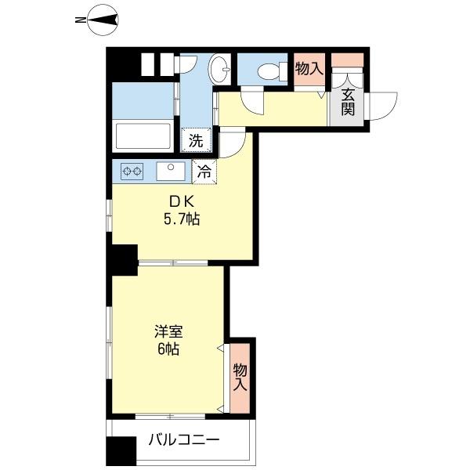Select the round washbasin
[219, 70]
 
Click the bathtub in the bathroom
[143, 136]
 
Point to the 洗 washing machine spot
[196, 140]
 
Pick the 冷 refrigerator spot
[204, 172]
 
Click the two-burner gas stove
[132, 172]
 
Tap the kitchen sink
[171, 171]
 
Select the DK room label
[182, 202]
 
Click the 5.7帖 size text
[182, 219]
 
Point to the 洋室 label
[168, 332]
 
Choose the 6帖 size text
[168, 349]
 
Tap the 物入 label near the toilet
[309, 69]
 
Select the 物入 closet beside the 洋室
[240, 378]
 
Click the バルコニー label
[184, 440]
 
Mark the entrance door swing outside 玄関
[383, 106]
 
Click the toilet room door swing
[252, 100]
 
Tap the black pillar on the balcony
[121, 451]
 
